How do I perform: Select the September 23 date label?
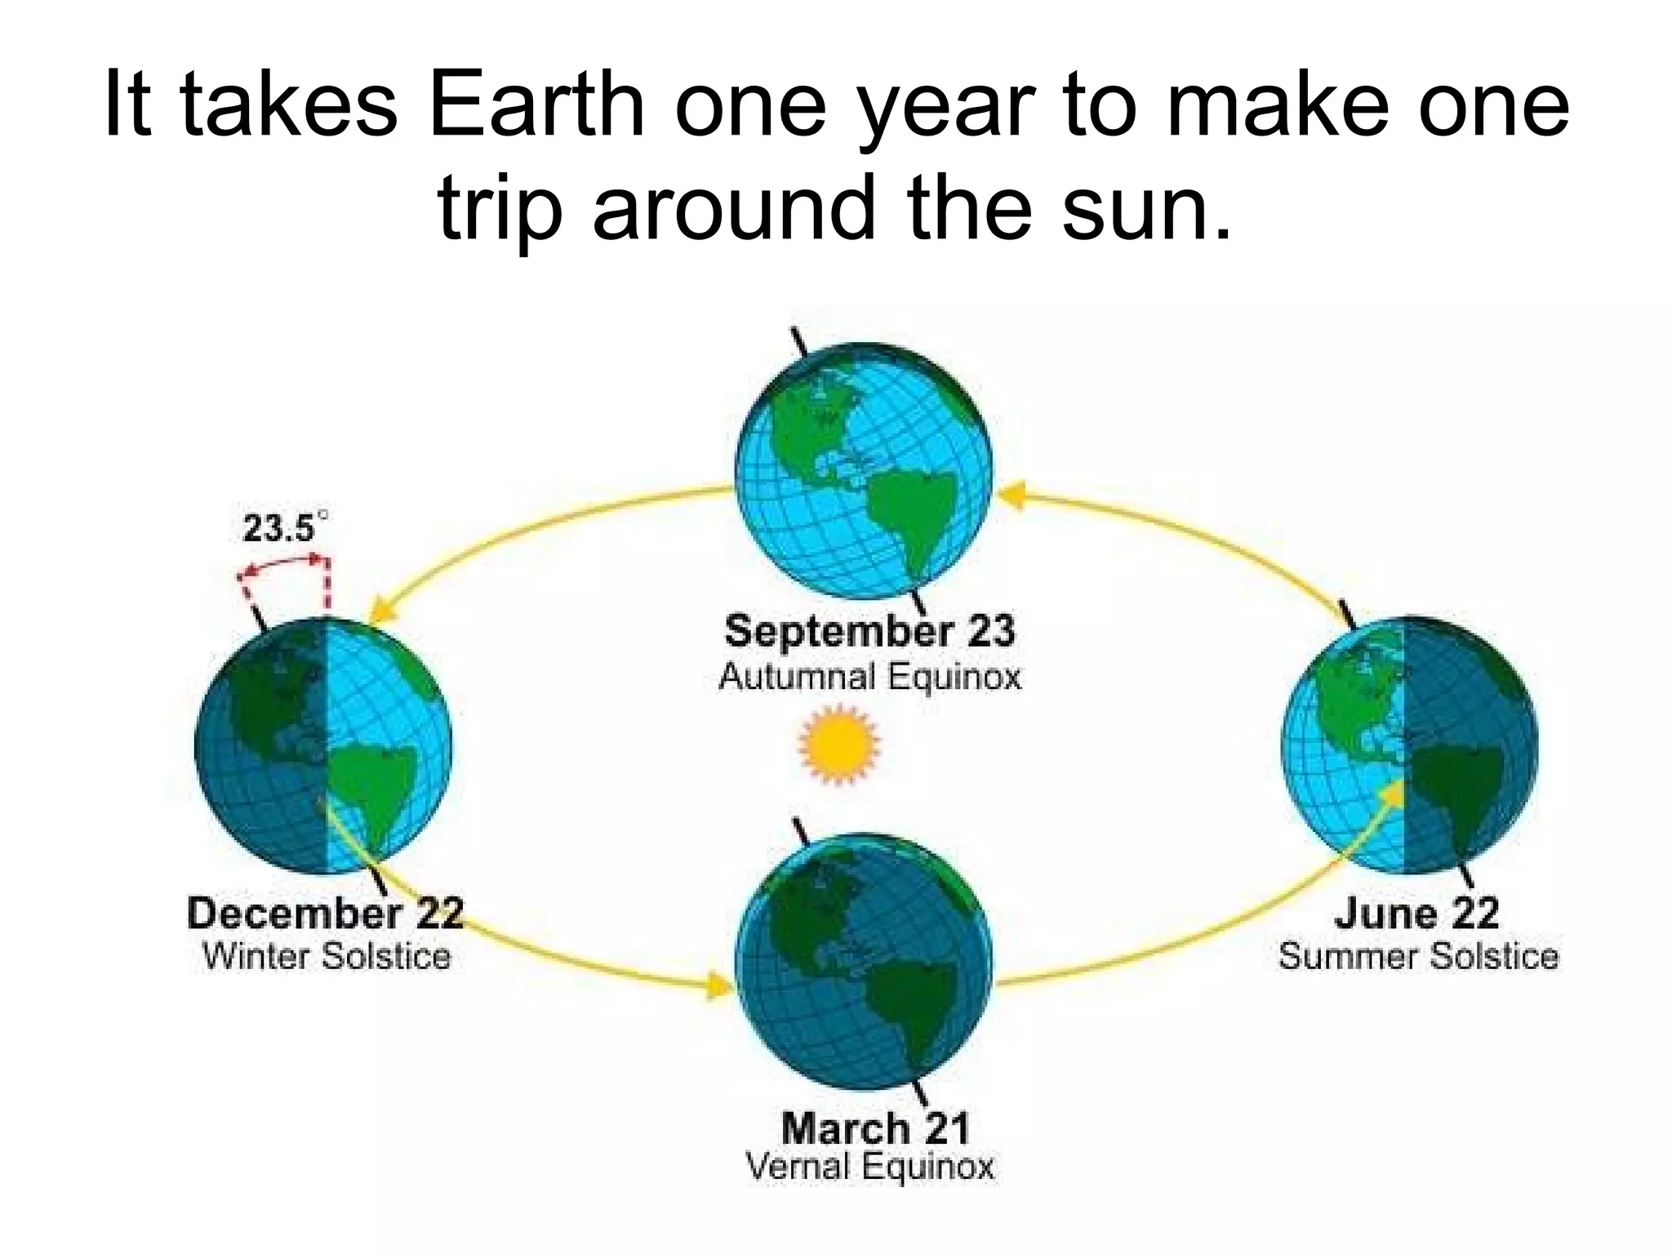(869, 631)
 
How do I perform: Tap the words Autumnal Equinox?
(869, 677)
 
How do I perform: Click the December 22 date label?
(325, 913)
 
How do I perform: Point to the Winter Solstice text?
(327, 956)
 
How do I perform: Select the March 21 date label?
(875, 1129)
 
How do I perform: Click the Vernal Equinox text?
(870, 1167)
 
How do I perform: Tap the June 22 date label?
(1417, 913)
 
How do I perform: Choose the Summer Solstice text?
(1418, 956)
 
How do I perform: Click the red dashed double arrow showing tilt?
(284, 562)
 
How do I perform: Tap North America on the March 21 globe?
(808, 906)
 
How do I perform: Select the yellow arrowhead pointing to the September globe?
(1012, 495)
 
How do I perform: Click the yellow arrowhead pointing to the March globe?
(719, 985)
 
